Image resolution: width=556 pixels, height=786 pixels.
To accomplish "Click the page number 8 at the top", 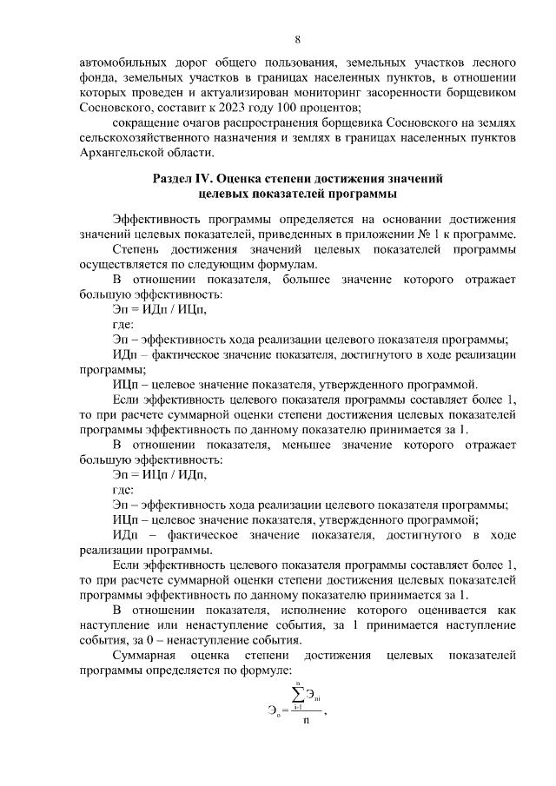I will [297, 40].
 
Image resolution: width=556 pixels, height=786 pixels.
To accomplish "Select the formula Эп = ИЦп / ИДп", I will [160, 474].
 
